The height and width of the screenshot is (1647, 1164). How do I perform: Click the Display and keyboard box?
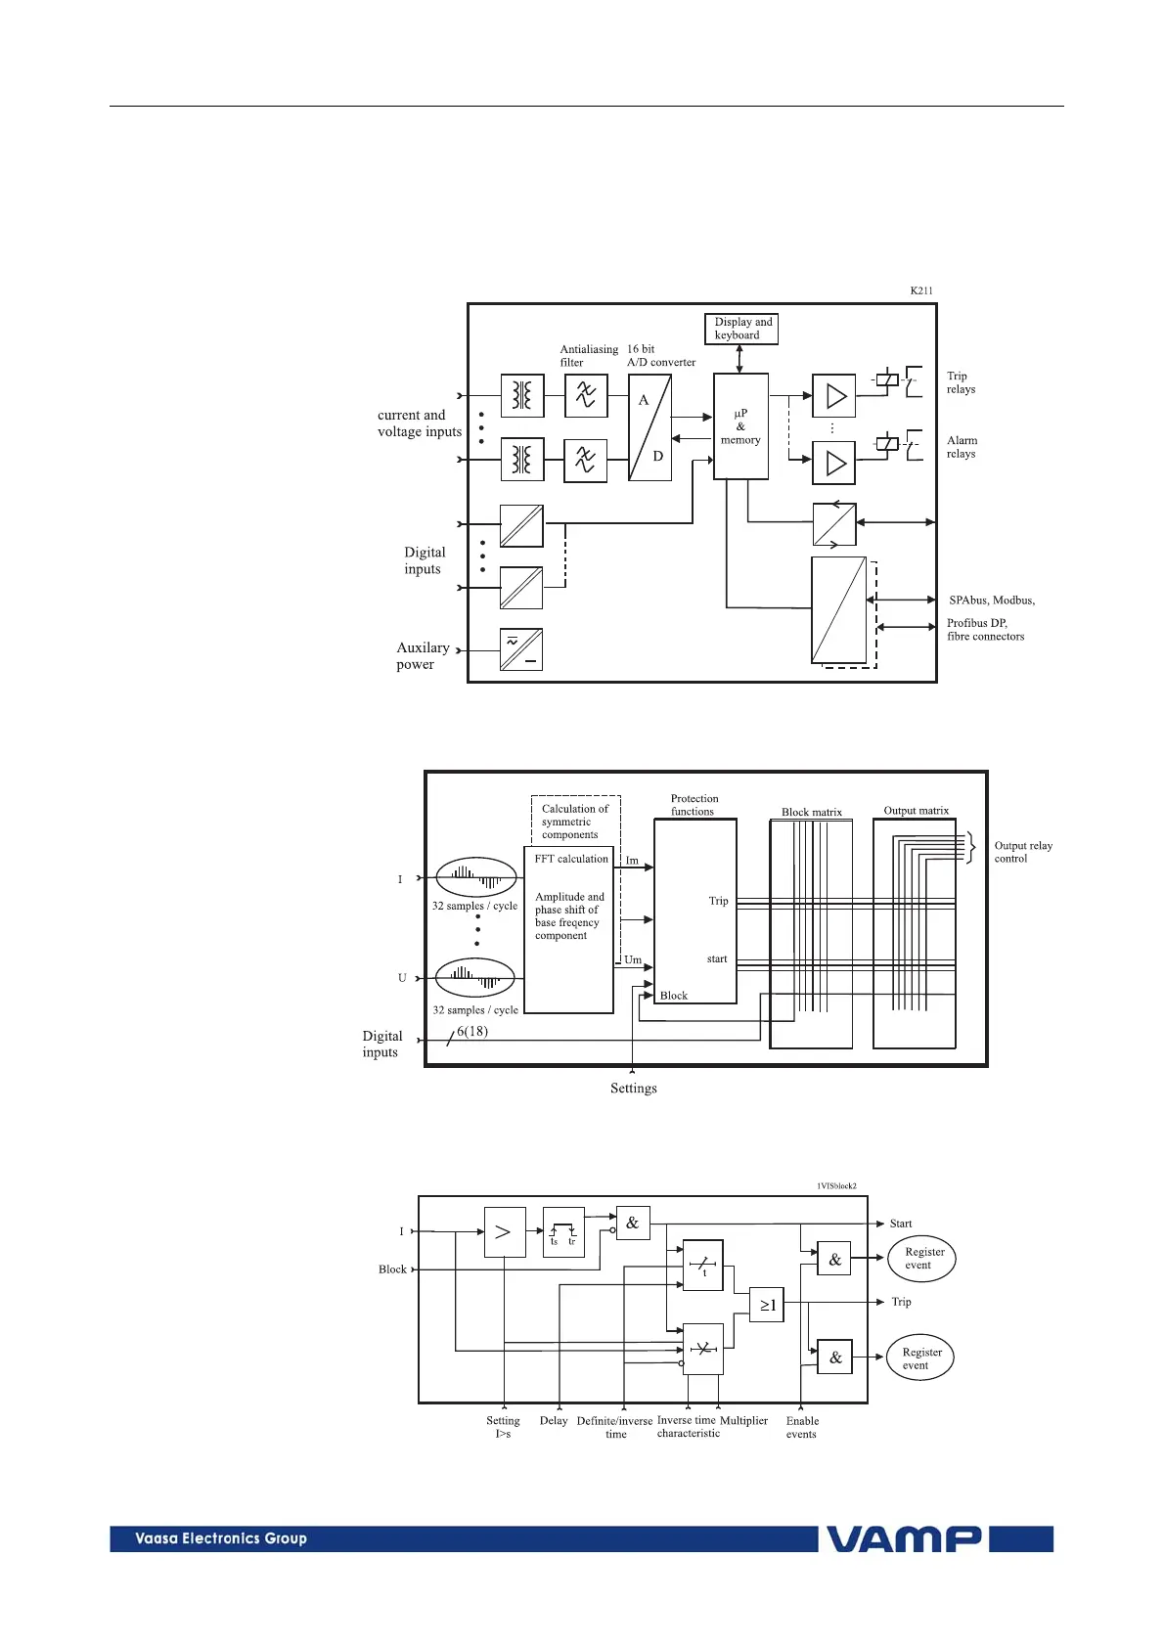(x=741, y=329)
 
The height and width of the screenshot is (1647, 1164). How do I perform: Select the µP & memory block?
(x=740, y=426)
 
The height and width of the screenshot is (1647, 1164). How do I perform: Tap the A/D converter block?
(x=649, y=427)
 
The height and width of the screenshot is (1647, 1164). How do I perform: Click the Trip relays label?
(x=961, y=382)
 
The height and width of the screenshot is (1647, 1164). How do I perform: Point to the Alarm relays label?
(x=962, y=447)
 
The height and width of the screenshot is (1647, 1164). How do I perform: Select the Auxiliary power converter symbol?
(x=521, y=649)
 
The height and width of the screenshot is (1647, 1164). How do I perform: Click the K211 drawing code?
(x=921, y=290)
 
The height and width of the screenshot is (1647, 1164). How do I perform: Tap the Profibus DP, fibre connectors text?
(x=985, y=630)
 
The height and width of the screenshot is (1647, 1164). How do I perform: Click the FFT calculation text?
(x=571, y=859)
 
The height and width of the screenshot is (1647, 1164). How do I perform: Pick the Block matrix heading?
(x=812, y=812)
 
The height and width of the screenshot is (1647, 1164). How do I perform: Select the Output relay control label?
(x=1023, y=852)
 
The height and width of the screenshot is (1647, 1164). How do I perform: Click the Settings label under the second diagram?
(x=634, y=1089)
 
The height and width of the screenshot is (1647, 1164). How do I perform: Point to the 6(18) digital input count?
(x=472, y=1031)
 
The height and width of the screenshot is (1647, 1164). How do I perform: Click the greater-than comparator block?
(x=505, y=1232)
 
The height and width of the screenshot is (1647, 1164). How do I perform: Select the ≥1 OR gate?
(x=767, y=1305)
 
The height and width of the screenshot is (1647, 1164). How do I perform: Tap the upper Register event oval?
(x=921, y=1258)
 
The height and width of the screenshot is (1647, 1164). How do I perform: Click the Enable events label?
(x=802, y=1428)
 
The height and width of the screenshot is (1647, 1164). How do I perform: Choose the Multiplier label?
(x=743, y=1421)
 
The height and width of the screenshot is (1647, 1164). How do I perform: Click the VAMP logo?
(x=905, y=1539)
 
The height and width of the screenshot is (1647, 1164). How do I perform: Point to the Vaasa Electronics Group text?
(x=221, y=1538)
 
